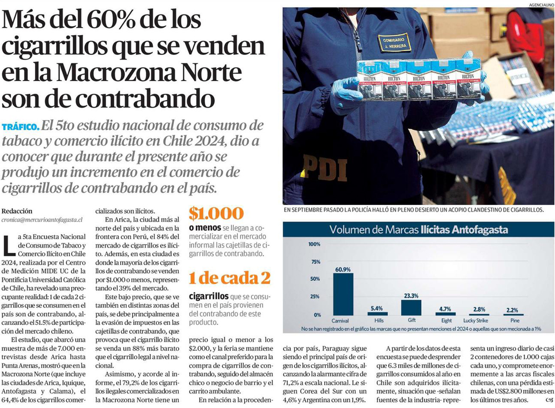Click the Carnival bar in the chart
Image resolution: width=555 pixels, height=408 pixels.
343,294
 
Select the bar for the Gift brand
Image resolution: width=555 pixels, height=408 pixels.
411,308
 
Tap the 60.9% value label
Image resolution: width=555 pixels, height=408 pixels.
343,269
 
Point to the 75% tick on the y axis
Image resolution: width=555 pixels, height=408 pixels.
315,261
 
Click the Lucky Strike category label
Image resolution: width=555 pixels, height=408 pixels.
476,321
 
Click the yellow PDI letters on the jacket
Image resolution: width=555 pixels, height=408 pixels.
325,168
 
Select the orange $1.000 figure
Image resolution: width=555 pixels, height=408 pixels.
216,214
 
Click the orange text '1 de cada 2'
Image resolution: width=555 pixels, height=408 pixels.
229,278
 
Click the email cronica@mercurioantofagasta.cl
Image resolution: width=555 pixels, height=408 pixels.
42,220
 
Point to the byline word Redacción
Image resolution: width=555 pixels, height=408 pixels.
17,211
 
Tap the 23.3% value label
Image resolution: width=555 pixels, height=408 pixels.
411,296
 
